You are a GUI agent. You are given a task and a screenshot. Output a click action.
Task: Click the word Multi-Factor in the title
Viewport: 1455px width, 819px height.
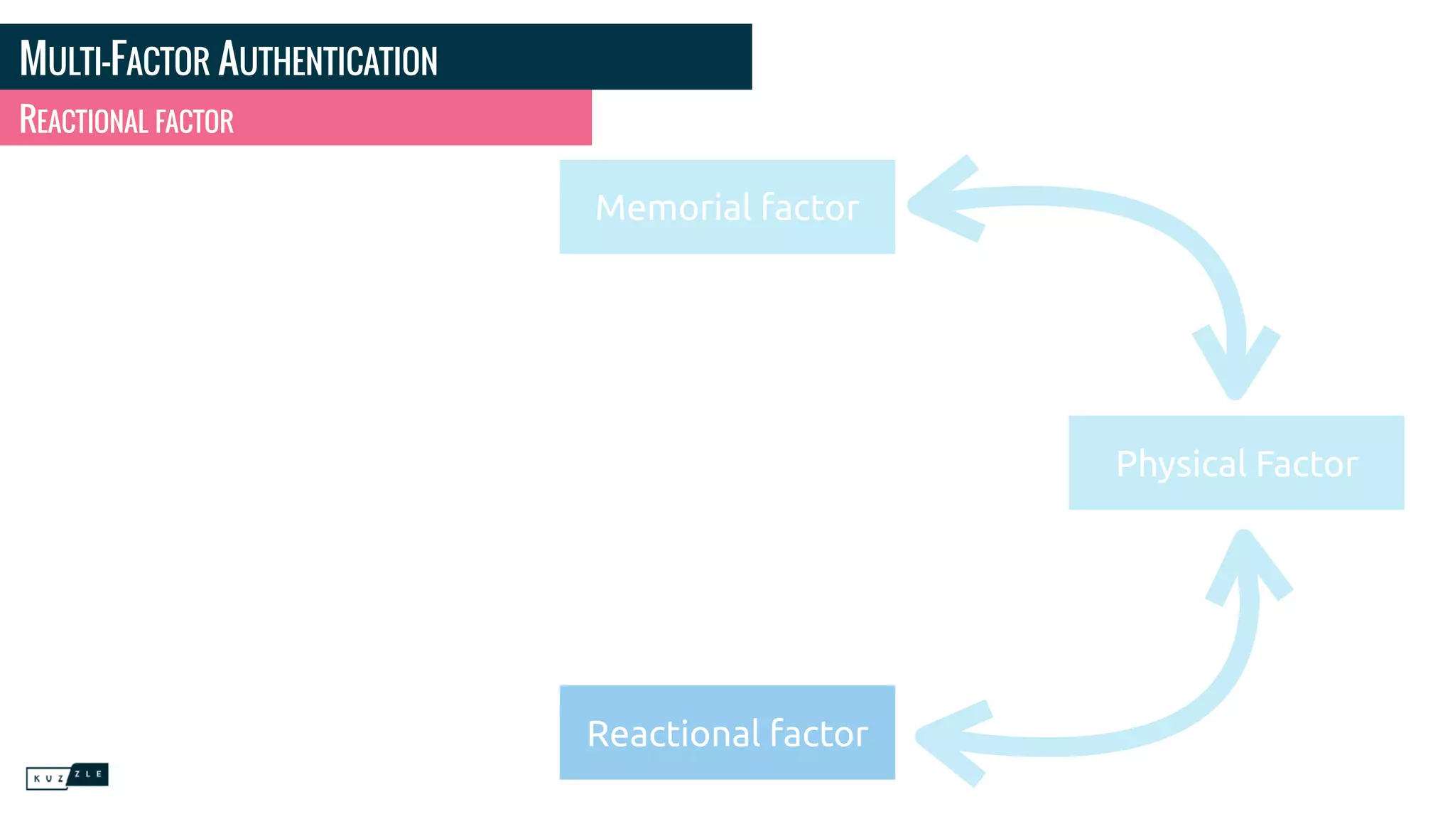pyautogui.click(x=114, y=59)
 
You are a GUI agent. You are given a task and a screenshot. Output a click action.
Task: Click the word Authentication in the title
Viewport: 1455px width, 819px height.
pyautogui.click(x=328, y=59)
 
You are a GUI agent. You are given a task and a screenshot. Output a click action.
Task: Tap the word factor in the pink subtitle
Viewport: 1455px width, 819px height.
pyautogui.click(x=195, y=121)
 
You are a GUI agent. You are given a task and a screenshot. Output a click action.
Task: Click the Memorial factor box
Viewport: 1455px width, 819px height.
pyautogui.click(x=727, y=206)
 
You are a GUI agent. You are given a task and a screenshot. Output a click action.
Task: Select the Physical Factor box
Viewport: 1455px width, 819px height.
pyautogui.click(x=1236, y=462)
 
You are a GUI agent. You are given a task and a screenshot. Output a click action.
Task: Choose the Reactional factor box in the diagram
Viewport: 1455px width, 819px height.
pyautogui.click(x=727, y=732)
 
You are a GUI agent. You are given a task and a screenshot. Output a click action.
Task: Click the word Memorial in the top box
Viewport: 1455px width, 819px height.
pyautogui.click(x=673, y=208)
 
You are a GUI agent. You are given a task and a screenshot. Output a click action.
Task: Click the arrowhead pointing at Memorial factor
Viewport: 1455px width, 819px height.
pyautogui.click(x=938, y=202)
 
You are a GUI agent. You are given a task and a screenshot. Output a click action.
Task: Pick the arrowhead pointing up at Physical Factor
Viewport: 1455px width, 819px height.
pyautogui.click(x=1245, y=562)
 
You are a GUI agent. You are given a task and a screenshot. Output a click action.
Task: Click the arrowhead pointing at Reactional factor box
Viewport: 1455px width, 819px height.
pyautogui.click(x=945, y=739)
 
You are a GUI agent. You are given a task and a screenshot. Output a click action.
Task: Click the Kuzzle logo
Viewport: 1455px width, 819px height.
pyautogui.click(x=67, y=776)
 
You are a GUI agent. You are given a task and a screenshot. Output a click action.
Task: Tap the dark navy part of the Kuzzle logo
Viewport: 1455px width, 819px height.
pyautogui.click(x=90, y=773)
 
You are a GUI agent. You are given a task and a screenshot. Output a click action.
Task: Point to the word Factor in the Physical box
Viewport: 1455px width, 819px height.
pyautogui.click(x=1307, y=464)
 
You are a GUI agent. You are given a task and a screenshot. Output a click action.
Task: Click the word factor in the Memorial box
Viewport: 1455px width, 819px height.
pyautogui.click(x=809, y=208)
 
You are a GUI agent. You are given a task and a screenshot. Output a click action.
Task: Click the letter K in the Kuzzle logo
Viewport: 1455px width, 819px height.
pyautogui.click(x=37, y=778)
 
